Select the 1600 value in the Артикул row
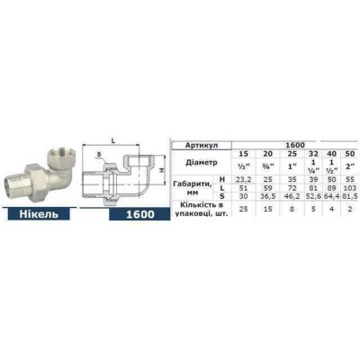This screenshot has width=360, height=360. coord(292,144)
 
